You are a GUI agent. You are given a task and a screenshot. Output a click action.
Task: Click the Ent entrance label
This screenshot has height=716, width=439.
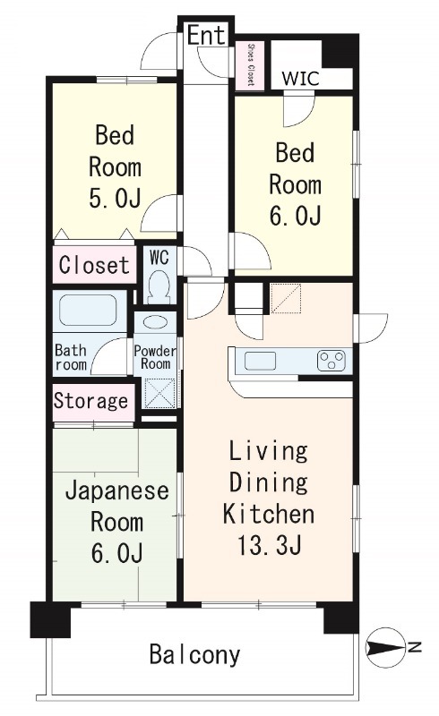coord(206,35)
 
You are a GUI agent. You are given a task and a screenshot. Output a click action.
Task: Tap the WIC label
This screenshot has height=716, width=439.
coord(299,77)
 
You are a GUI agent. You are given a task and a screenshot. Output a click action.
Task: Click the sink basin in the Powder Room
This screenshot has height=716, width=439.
coord(155,323)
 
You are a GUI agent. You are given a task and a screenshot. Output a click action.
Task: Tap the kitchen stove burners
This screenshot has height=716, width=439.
coord(331,361)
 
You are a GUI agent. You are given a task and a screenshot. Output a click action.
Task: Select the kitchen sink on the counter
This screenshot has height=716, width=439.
coord(261,361)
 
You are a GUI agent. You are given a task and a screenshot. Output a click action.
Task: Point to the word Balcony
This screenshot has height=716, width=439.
coord(194,655)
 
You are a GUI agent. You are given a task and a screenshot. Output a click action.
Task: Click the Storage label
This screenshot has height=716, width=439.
coord(90,400)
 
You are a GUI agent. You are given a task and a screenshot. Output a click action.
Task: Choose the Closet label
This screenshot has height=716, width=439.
coord(94,265)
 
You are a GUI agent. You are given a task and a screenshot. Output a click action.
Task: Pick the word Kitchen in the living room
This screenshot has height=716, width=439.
coord(268,515)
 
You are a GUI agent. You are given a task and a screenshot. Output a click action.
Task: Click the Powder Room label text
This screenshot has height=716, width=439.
coord(155,357)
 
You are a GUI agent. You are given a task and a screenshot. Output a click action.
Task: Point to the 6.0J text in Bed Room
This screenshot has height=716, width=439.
coord(295,217)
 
